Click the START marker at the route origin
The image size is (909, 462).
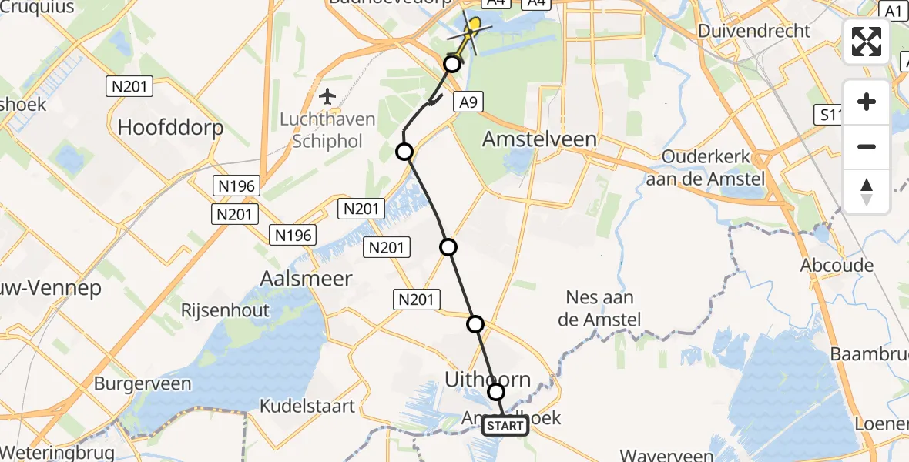click(505, 426)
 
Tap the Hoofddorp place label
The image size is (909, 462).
click(170, 127)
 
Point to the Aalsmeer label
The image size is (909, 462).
click(306, 278)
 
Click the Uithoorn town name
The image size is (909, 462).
click(488, 378)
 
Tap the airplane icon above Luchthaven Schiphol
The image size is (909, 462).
click(328, 97)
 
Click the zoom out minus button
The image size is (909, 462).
click(867, 146)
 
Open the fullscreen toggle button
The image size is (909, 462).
click(867, 42)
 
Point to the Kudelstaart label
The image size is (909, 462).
click(307, 405)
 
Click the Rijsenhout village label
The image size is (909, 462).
click(225, 310)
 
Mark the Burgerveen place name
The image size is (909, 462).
click(143, 383)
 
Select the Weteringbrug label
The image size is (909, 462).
click(58, 452)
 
